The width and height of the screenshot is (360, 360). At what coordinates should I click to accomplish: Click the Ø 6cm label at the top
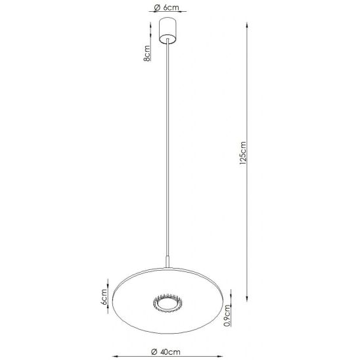[166, 7]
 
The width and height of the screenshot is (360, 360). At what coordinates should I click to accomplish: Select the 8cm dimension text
[147, 53]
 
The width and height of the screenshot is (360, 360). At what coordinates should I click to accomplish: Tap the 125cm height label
[242, 153]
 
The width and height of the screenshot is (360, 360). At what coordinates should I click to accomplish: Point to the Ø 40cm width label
[166, 351]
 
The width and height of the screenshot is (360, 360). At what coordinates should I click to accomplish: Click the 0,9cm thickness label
[227, 315]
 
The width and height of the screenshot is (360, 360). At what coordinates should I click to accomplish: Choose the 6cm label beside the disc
[104, 297]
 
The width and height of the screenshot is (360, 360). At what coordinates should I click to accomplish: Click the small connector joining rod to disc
[168, 261]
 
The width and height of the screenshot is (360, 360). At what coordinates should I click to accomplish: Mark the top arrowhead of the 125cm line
[247, 24]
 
